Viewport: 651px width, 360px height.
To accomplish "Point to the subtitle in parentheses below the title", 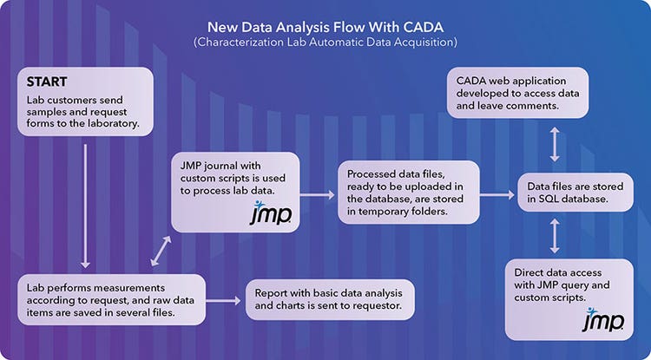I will pyautogui.click(x=325, y=42).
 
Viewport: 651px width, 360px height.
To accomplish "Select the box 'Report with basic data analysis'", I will pyautogui.click(x=330, y=300).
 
